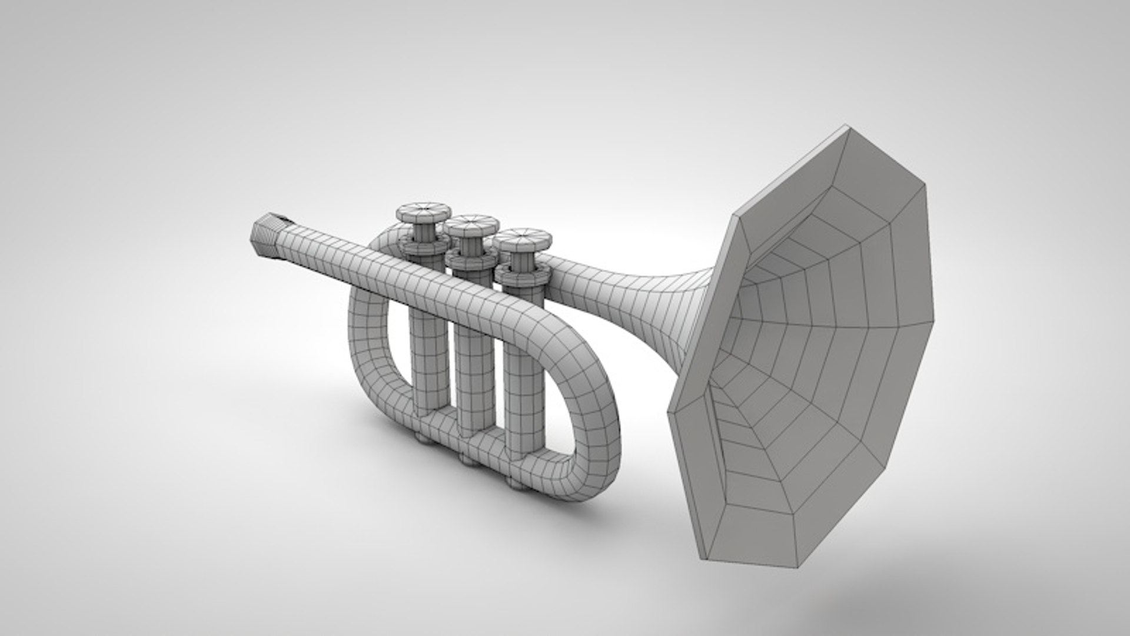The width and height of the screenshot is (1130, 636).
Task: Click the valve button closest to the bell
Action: (521, 237)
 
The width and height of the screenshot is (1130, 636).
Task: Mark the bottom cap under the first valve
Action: (422, 437)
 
